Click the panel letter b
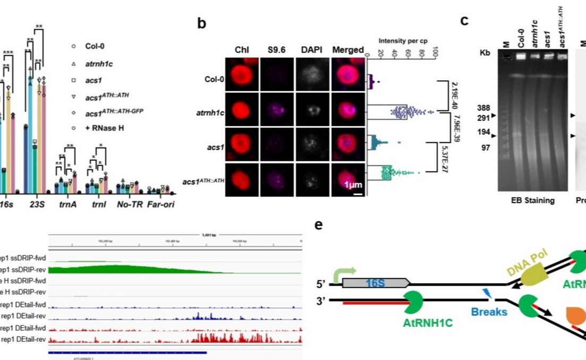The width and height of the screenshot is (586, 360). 202,24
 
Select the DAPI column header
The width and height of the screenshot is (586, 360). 312,50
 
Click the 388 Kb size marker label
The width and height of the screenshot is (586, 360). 483,108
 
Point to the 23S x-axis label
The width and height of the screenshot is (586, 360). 36,204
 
